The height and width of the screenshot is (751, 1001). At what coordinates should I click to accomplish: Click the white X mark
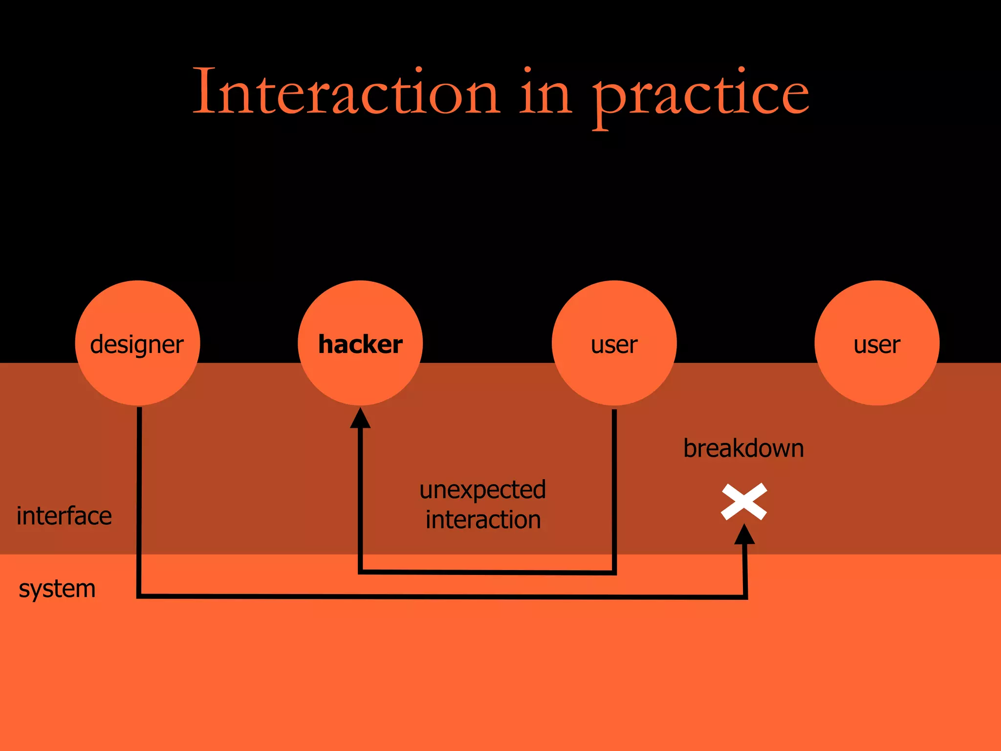click(744, 502)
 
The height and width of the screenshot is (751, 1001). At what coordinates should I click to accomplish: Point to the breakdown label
click(743, 448)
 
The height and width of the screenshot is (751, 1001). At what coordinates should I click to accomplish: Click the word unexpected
click(482, 490)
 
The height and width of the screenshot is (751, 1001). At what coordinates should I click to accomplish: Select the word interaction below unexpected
click(483, 520)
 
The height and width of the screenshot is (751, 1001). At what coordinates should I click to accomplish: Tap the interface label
click(64, 516)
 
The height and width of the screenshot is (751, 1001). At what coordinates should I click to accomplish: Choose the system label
click(57, 589)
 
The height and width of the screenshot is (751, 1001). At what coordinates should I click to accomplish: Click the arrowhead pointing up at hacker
click(360, 419)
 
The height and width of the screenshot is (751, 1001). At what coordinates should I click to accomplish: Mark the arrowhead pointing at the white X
click(744, 535)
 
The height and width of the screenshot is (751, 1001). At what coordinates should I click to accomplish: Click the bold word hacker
click(360, 344)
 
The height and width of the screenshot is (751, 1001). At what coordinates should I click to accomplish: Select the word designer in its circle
click(137, 345)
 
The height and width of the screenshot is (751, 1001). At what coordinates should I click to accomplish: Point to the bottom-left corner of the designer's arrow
click(139, 596)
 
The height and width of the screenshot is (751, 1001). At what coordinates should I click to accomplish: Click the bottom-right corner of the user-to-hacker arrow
click(614, 572)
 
